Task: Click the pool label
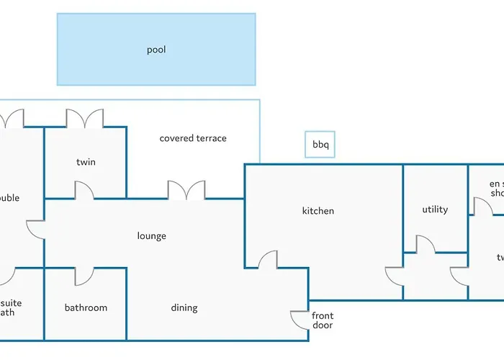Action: (156, 50)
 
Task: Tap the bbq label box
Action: (320, 145)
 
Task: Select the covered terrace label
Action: (193, 138)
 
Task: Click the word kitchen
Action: (318, 211)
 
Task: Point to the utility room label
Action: (435, 210)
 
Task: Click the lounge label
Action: (152, 235)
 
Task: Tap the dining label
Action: (184, 308)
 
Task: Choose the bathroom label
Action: (86, 307)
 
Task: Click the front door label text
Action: (323, 320)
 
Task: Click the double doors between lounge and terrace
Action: (186, 190)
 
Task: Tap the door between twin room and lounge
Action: (84, 190)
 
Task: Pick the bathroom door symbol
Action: (84, 276)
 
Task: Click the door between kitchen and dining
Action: (268, 260)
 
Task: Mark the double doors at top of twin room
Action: (85, 119)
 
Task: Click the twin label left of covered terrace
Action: (86, 162)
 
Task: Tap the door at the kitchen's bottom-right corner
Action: (395, 276)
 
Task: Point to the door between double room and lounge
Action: (36, 230)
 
